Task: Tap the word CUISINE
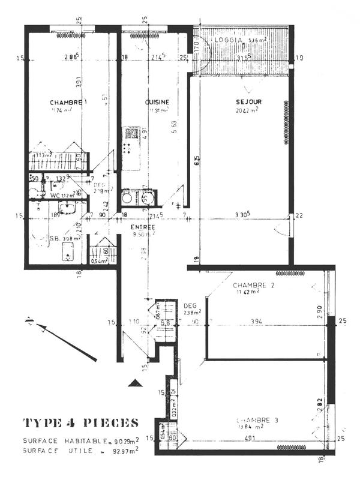coord(157,102)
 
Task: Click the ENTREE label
coord(143,227)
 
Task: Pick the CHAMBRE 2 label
coord(254,285)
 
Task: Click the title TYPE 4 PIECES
coord(81,422)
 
